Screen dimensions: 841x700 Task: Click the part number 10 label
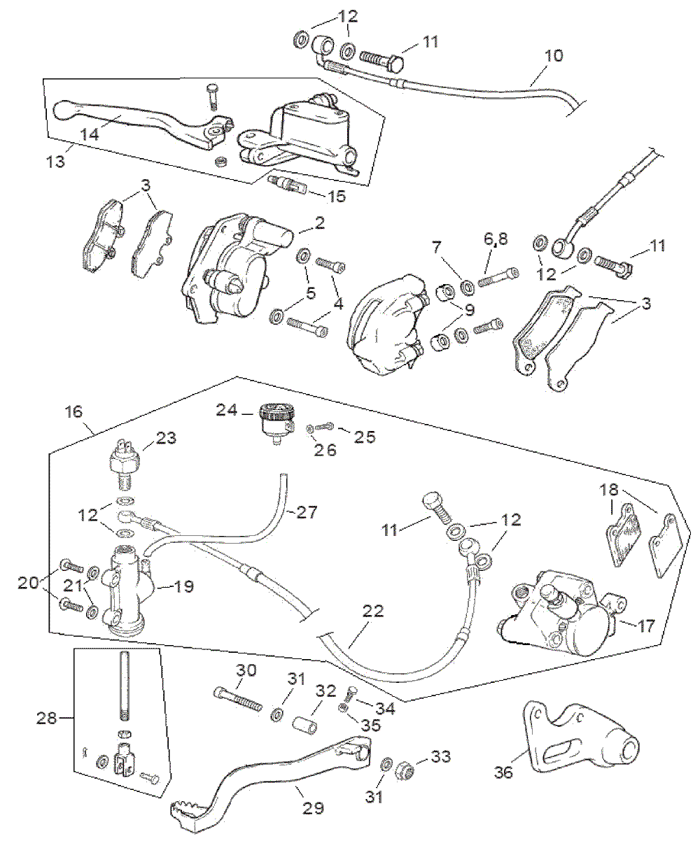[x=553, y=55]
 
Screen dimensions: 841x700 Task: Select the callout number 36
[x=503, y=772]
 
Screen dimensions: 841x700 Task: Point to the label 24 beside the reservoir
[x=226, y=410]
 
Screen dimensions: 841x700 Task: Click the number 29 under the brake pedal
[x=314, y=808]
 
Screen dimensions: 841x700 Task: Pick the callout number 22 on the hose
[x=373, y=611]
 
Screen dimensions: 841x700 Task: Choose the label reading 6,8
[x=495, y=240]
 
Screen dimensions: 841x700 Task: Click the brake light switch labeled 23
[x=127, y=460]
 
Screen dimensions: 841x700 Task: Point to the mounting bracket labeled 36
[x=581, y=742]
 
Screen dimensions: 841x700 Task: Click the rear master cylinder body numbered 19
[x=126, y=588]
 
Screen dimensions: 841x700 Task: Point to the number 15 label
[x=337, y=197]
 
